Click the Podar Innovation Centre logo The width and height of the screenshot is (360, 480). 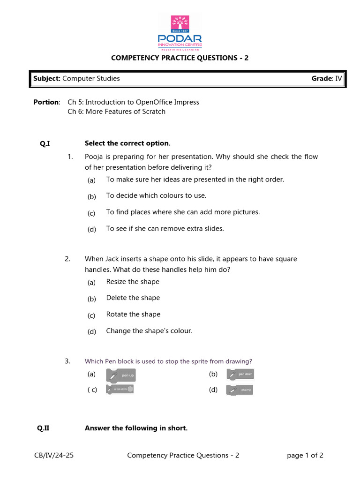click(180, 33)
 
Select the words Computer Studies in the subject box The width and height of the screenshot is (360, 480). click(91, 79)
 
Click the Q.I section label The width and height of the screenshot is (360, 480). click(45, 143)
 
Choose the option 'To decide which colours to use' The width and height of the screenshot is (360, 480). click(156, 196)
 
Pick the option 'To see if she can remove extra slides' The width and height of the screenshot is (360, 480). click(165, 229)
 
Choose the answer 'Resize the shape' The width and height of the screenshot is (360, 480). click(133, 282)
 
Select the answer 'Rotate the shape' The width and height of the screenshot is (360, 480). click(133, 315)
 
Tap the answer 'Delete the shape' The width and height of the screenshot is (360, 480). click(133, 298)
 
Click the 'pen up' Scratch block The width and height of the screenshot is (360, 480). click(123, 375)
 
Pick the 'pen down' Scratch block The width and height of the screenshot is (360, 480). click(240, 375)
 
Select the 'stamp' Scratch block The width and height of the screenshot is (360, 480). click(240, 390)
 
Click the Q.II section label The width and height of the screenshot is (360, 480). click(43, 428)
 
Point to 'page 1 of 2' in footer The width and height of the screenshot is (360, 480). click(305, 456)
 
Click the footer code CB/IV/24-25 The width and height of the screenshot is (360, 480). click(53, 456)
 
